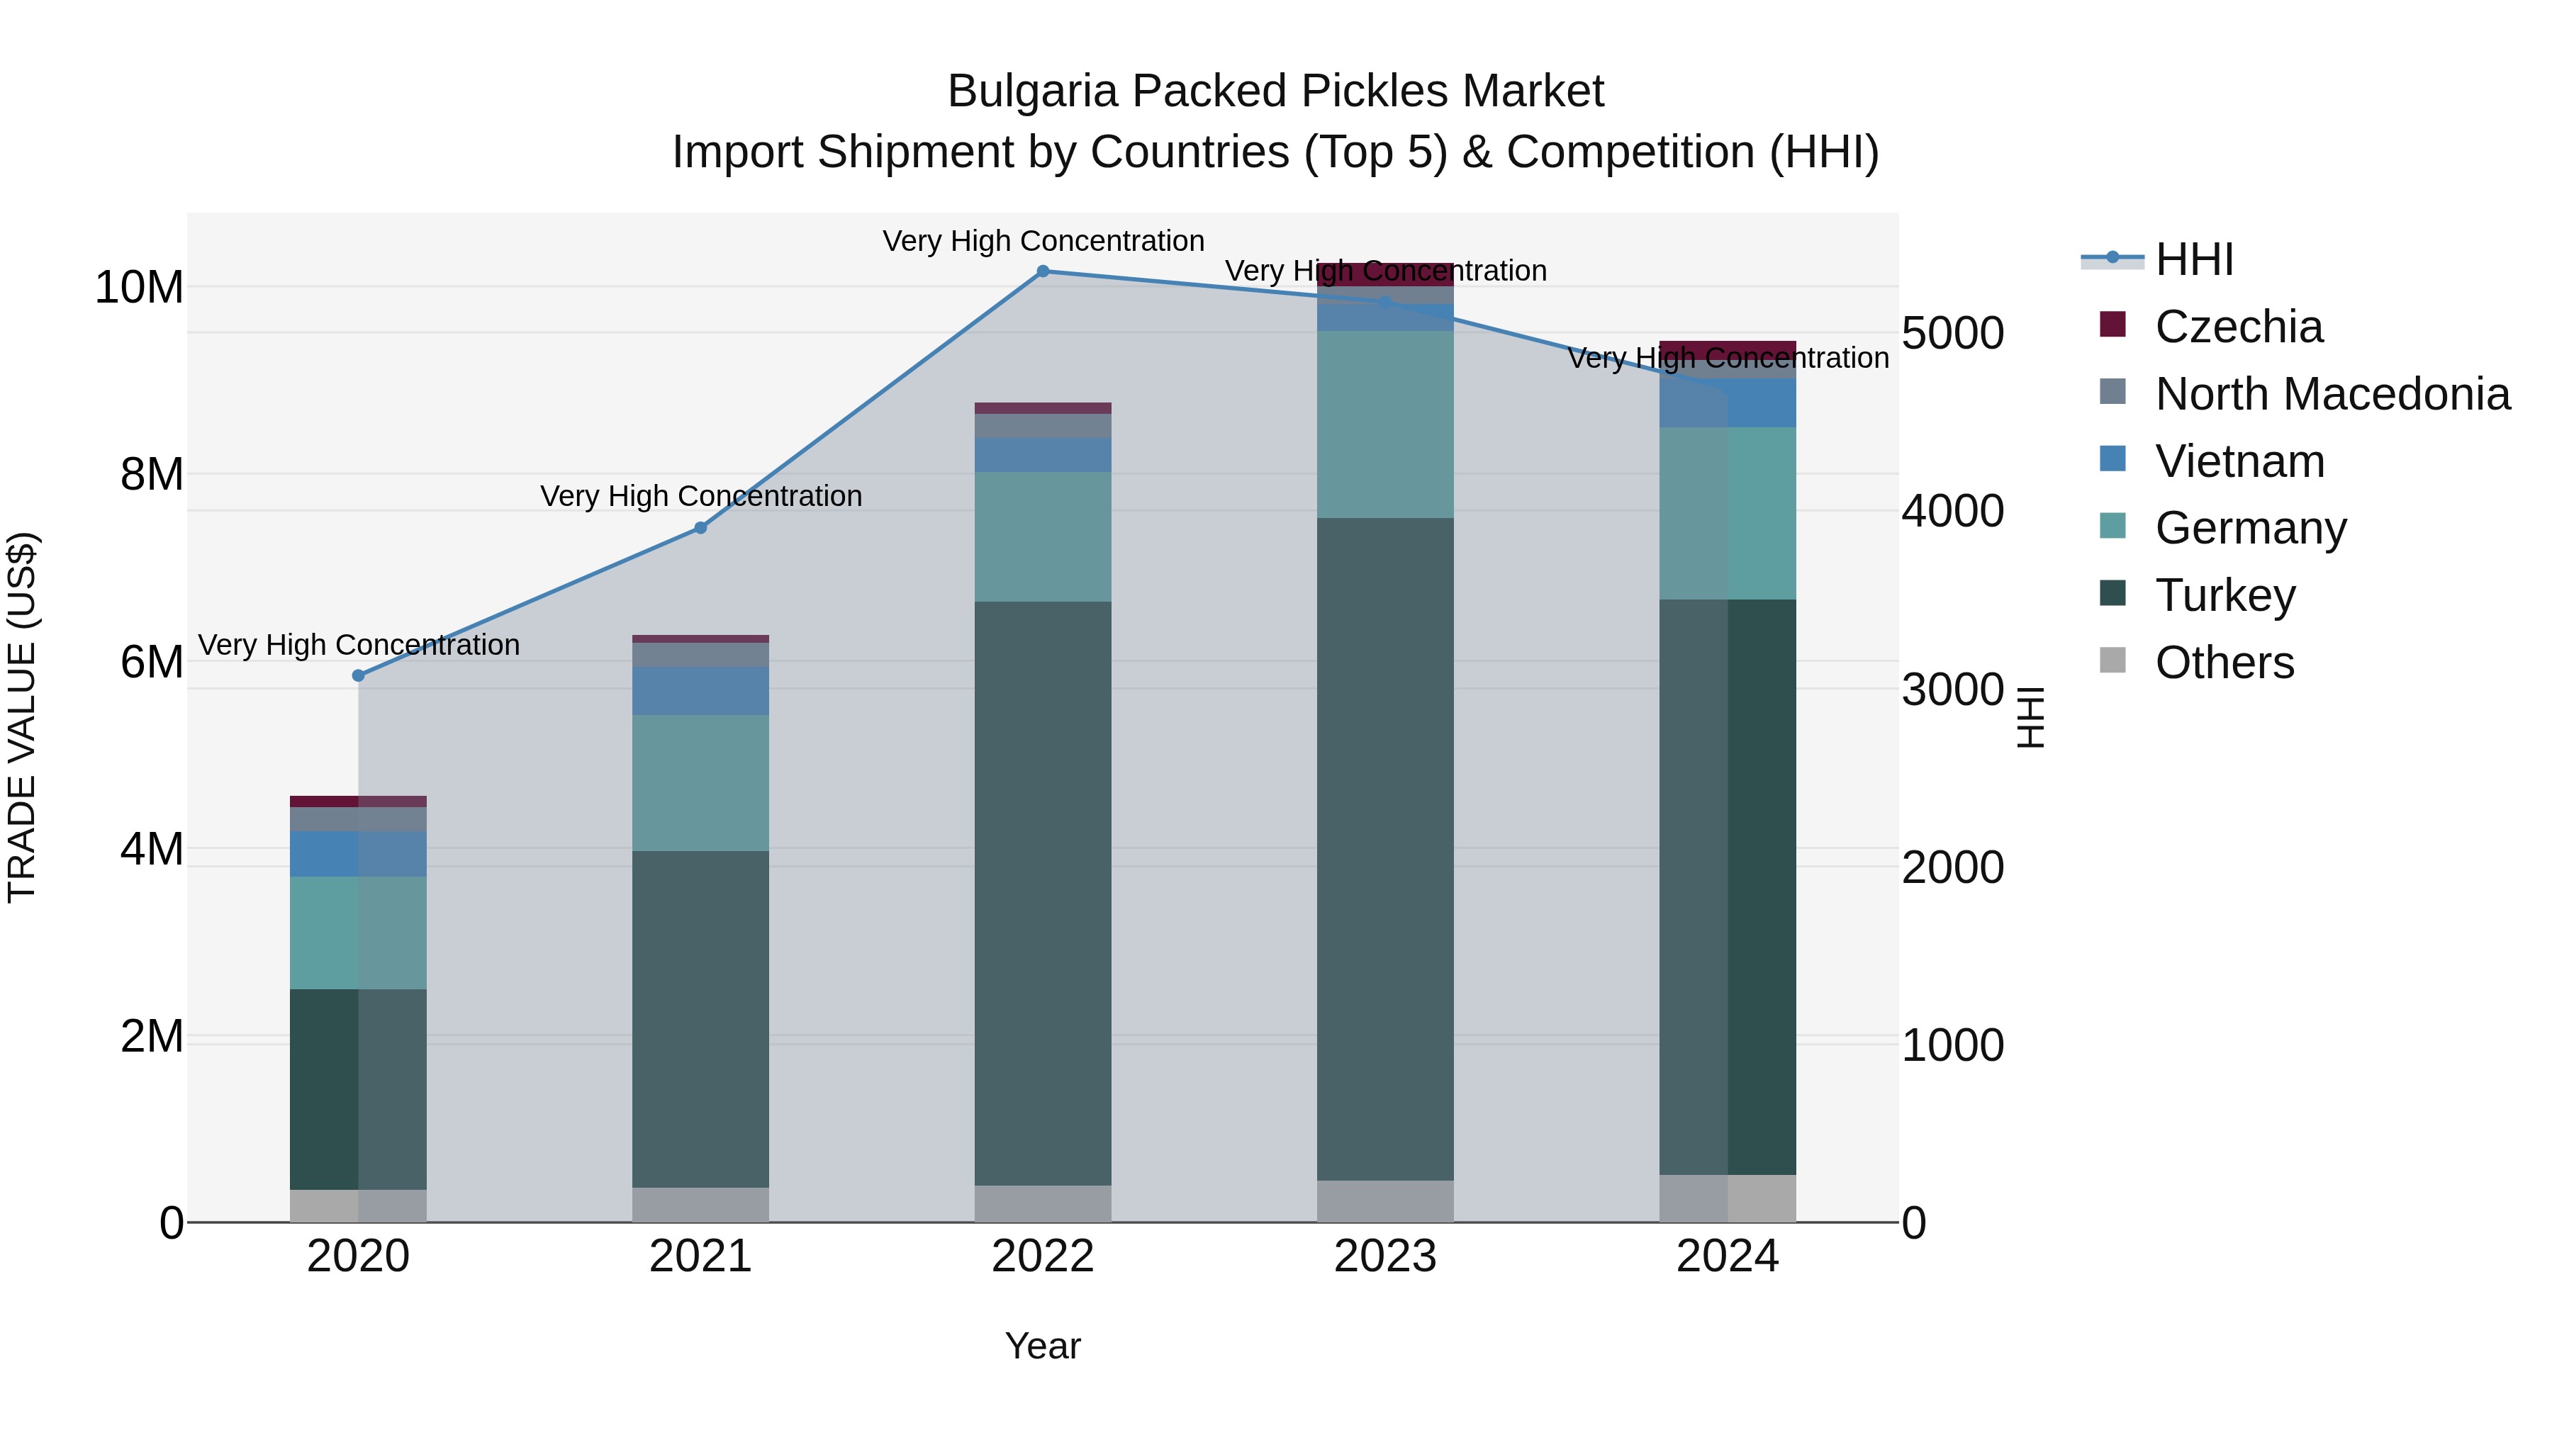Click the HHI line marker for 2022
[1042, 271]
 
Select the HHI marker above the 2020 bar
[359, 675]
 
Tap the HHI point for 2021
[700, 528]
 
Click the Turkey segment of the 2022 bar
[1042, 891]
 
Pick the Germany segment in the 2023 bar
[1385, 424]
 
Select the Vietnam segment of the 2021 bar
[700, 690]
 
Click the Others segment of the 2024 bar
[1727, 1198]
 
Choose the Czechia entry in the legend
[2238, 327]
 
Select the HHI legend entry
[2193, 259]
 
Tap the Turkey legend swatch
[2112, 595]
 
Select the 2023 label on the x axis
[1385, 1256]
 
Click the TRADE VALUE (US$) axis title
[22, 717]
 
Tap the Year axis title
[1042, 1346]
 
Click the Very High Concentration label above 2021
[700, 495]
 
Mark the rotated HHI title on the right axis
[2030, 717]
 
